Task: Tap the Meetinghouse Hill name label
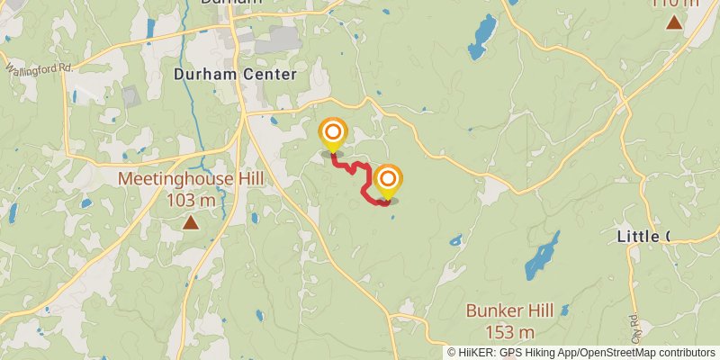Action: click(191, 179)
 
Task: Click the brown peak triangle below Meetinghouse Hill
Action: click(191, 221)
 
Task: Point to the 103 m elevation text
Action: click(191, 200)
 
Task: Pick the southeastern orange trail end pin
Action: click(388, 181)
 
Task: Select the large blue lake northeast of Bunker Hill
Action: click(543, 254)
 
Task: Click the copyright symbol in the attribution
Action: click(453, 352)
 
